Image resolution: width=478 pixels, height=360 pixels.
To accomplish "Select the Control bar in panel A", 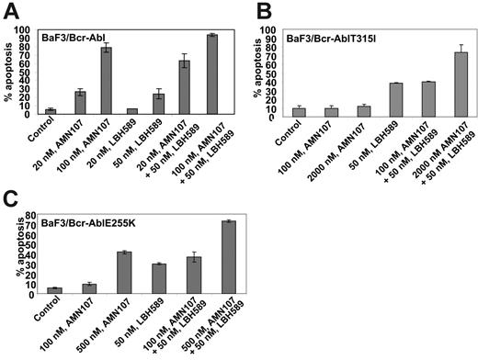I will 50,111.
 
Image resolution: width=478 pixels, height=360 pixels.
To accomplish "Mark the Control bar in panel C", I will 55,290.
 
